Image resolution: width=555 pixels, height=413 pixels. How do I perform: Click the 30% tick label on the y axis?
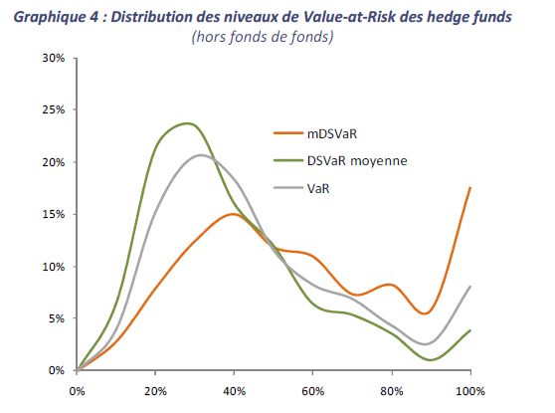click(x=54, y=58)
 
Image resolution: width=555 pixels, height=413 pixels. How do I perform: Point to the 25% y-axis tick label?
click(x=54, y=109)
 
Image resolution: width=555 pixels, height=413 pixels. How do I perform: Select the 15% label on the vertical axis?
click(x=54, y=214)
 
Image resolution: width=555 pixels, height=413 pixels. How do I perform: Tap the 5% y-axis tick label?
click(x=57, y=318)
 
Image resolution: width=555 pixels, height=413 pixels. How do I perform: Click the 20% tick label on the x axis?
click(x=155, y=391)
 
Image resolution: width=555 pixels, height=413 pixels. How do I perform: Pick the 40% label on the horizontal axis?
click(x=235, y=391)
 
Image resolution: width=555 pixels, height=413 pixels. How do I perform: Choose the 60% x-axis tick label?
click(x=313, y=391)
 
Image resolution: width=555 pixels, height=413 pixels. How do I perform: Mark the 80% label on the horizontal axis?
click(x=392, y=391)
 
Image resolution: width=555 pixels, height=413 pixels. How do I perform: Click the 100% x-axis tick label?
click(x=470, y=391)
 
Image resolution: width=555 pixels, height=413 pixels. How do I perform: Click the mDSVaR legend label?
click(x=332, y=134)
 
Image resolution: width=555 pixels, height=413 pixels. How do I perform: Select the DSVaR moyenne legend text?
click(x=357, y=161)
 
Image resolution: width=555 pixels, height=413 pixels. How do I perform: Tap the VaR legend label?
click(x=318, y=188)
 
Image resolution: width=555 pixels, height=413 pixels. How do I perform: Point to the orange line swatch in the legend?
click(x=288, y=133)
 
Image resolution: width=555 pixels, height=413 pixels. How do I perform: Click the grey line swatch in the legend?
click(x=288, y=188)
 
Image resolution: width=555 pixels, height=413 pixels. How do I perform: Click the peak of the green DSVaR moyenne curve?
click(x=188, y=123)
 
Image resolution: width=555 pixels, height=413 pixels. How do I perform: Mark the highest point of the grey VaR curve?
click(x=201, y=155)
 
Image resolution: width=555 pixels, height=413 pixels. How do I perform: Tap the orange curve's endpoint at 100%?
click(x=470, y=188)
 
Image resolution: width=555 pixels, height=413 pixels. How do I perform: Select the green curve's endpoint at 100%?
click(x=470, y=330)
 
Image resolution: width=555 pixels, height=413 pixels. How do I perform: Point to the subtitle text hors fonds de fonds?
click(x=263, y=37)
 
